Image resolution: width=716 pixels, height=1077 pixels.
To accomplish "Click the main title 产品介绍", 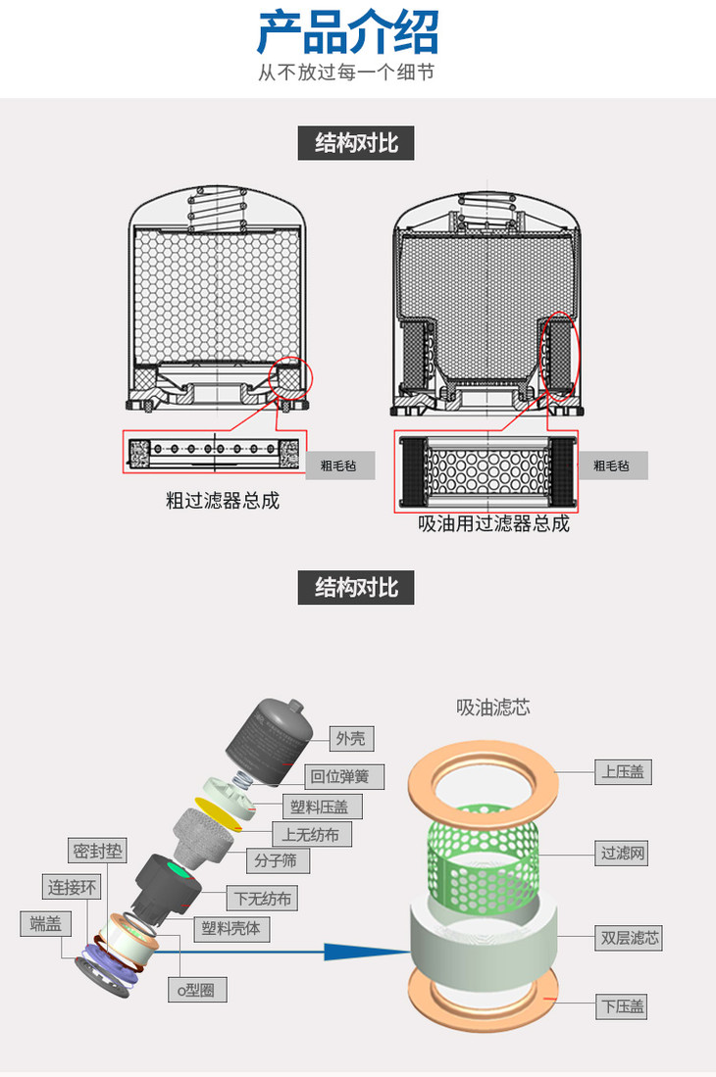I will (x=347, y=32).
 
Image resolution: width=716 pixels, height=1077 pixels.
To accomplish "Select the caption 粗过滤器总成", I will (x=223, y=501).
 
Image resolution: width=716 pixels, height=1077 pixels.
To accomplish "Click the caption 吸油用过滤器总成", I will (x=493, y=523).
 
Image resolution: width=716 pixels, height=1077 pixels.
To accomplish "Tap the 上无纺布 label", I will (x=311, y=835).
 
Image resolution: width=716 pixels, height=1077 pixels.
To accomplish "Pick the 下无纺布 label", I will (x=262, y=898).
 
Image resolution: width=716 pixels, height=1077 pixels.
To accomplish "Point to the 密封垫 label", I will (x=98, y=851).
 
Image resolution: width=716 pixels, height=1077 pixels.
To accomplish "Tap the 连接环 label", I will (x=73, y=888).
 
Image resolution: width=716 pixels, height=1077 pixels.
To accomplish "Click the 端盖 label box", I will (x=45, y=923).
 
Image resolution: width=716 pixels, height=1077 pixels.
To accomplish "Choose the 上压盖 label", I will (x=622, y=771).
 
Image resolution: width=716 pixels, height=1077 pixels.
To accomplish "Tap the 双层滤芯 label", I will (x=630, y=938).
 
